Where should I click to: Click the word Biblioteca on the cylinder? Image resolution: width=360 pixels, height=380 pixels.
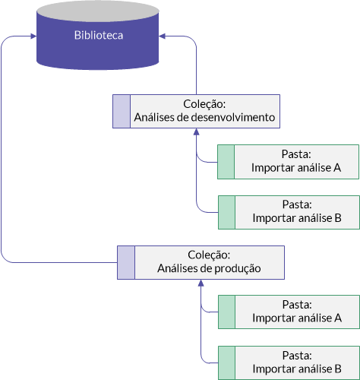[x=99, y=35]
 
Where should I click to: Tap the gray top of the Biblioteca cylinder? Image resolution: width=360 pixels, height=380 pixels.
[x=98, y=11]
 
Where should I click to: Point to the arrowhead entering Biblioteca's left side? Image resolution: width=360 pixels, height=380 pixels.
[x=33, y=36]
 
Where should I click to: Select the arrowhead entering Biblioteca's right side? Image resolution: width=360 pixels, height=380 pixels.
[x=162, y=36]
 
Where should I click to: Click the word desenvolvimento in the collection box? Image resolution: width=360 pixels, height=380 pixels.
[x=233, y=117]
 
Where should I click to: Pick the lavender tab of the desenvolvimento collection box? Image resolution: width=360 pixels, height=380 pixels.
[x=122, y=112]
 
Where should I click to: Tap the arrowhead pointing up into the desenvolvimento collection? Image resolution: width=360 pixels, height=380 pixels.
[x=196, y=131]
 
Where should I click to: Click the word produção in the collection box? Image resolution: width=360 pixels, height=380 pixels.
[x=235, y=268]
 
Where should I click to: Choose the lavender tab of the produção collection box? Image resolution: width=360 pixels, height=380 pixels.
[x=126, y=262]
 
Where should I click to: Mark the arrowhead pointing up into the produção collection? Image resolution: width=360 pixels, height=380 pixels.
[x=201, y=283]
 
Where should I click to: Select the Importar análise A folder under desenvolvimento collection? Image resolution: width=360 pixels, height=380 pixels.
[x=288, y=162]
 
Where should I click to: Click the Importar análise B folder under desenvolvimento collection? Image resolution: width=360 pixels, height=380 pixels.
[x=289, y=212]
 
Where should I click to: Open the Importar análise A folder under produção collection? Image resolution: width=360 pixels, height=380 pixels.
[x=289, y=312]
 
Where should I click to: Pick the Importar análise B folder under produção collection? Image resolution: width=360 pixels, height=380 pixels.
[x=289, y=363]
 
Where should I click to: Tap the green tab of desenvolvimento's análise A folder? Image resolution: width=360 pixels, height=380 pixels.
[x=226, y=162]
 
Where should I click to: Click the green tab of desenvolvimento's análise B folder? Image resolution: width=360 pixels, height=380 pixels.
[x=226, y=212]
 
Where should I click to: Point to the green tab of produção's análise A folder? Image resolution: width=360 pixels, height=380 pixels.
[x=226, y=312]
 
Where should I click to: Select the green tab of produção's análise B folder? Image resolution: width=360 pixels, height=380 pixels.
[x=226, y=363]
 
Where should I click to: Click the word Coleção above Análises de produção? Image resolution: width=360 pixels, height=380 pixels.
[x=209, y=255]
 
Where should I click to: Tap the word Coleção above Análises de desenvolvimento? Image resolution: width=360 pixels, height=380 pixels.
[x=204, y=104]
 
